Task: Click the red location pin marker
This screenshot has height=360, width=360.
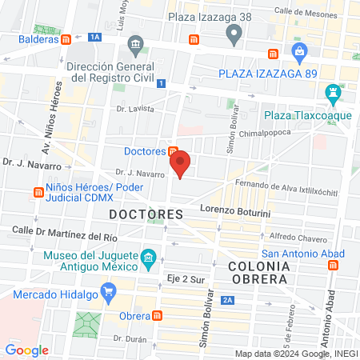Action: click(181, 164)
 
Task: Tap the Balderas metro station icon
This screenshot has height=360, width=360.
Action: click(74, 38)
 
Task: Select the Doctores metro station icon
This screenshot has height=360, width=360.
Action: click(173, 151)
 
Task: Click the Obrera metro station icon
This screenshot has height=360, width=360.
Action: click(158, 314)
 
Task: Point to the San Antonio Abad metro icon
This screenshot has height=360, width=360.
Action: click(334, 263)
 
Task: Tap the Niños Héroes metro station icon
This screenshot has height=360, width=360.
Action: click(38, 192)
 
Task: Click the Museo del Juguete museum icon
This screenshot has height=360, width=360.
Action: click(147, 258)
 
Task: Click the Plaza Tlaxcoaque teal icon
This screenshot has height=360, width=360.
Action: click(332, 94)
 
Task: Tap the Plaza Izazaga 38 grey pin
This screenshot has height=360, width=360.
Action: click(234, 34)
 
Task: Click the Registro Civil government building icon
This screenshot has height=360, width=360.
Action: click(134, 42)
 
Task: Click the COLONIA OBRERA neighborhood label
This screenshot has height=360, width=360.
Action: click(258, 272)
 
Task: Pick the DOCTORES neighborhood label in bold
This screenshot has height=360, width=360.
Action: click(146, 214)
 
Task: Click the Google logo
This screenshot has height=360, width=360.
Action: click(26, 350)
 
